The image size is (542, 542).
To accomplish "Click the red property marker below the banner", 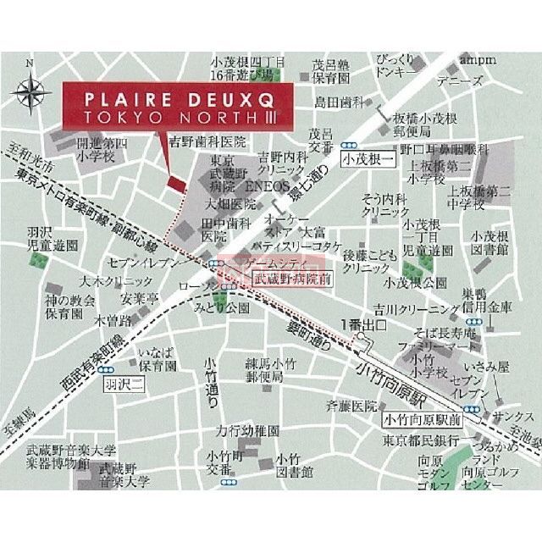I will [175, 184].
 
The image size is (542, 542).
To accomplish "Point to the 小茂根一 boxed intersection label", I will [368, 158].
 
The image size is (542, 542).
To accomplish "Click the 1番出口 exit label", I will [363, 324].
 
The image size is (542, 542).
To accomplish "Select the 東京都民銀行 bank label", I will [421, 441].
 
